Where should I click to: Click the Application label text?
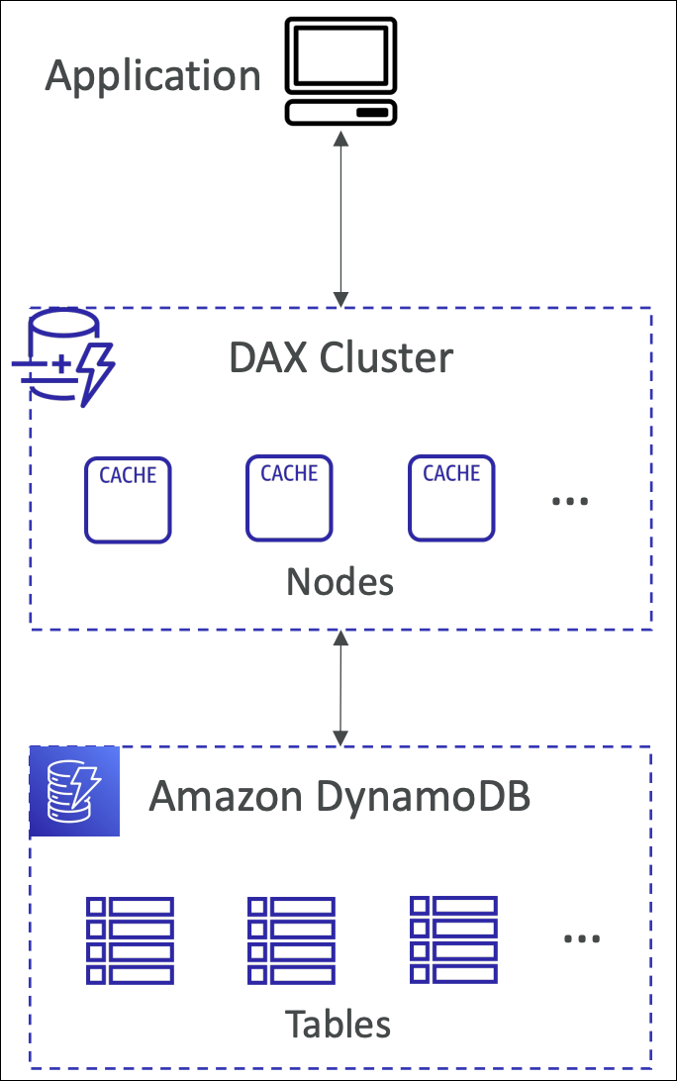[152, 77]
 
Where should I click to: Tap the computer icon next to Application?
[340, 72]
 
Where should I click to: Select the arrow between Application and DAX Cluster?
[340, 220]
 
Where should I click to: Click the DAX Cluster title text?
[340, 357]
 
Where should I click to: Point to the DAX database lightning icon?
[64, 358]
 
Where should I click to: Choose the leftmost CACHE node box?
[128, 499]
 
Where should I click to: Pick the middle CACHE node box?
[289, 498]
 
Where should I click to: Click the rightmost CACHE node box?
[451, 499]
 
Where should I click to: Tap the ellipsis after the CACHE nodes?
[569, 502]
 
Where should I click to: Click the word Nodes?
[340, 582]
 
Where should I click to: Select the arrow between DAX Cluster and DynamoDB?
[340, 688]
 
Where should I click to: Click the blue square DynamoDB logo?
[74, 792]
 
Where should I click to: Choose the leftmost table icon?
[130, 940]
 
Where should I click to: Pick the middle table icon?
[291, 940]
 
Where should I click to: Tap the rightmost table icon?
[453, 940]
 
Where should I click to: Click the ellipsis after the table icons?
[581, 937]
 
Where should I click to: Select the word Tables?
[338, 1024]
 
